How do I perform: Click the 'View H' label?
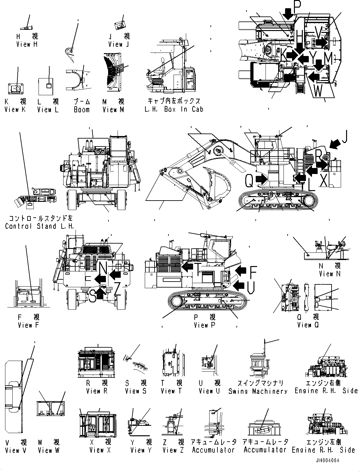27,44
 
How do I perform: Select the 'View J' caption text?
119,44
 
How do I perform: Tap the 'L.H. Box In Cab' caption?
174,109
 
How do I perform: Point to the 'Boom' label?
82,109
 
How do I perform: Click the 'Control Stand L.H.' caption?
39,226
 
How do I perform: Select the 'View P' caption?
204,325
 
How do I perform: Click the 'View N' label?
330,274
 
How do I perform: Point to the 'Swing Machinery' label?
258,391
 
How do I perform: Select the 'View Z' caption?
173,450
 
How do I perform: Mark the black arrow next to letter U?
239,286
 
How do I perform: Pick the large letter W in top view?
318,90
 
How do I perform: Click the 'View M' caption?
113,109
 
